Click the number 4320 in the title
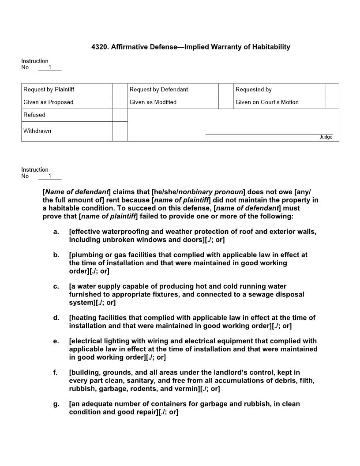coord(99,47)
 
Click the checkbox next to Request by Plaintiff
coord(120,90)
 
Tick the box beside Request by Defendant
coord(225,90)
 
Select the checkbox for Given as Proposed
coord(120,102)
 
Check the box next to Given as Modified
coord(225,102)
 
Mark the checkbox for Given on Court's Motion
coord(332,102)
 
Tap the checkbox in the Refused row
coord(120,115)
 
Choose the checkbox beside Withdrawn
coord(120,131)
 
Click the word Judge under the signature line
coord(326,137)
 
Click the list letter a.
coord(56,232)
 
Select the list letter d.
coord(56,318)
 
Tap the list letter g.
coord(56,404)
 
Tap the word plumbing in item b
coord(86,255)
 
